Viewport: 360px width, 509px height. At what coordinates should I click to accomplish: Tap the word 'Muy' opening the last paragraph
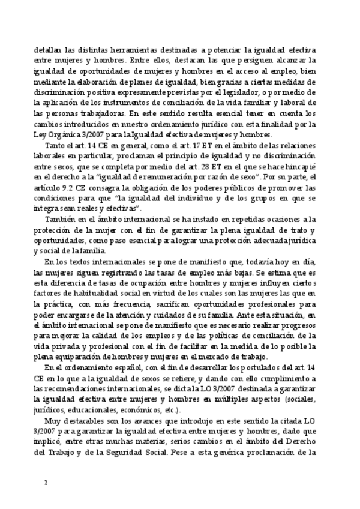coord(56,423)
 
